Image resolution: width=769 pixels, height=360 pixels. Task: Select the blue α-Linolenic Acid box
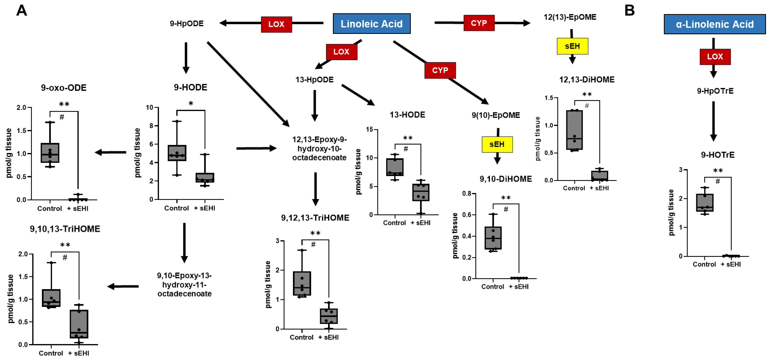tap(714, 24)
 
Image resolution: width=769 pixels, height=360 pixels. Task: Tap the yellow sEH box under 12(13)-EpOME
tap(572, 46)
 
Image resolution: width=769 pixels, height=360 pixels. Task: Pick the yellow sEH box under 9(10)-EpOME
tap(497, 145)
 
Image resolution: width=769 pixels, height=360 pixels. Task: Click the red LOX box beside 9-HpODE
tap(276, 24)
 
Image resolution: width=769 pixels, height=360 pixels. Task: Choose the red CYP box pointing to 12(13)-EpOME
tap(479, 23)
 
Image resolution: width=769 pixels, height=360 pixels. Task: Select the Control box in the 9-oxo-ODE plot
tap(50, 153)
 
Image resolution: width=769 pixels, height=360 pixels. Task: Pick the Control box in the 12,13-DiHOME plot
tap(574, 130)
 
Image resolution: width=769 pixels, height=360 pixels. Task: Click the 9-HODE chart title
tap(191, 87)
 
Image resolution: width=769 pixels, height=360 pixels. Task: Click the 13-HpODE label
tap(314, 80)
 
